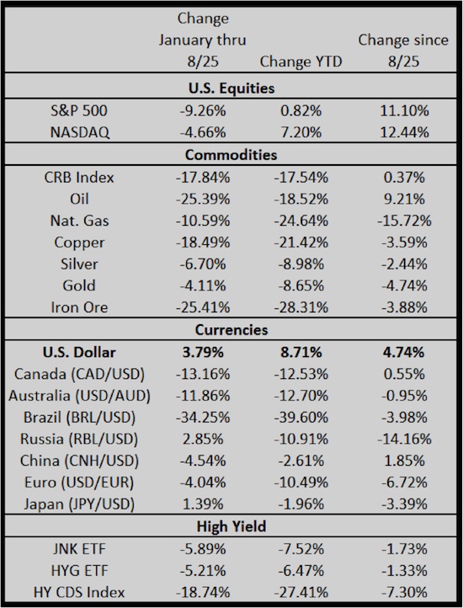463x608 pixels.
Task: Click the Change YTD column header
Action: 301,61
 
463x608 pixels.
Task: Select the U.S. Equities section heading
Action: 231,88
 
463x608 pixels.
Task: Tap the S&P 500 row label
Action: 79,111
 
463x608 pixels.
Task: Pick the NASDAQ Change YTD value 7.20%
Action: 301,132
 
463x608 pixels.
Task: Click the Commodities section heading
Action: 231,155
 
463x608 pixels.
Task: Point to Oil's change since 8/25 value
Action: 404,199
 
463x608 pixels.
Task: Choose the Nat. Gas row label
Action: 79,221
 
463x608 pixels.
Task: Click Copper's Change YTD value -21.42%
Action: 301,243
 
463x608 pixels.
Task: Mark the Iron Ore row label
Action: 79,307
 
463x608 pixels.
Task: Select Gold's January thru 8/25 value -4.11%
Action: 202,285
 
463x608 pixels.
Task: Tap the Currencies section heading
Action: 231,329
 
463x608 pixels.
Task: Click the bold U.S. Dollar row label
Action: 79,352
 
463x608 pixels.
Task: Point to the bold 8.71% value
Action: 301,352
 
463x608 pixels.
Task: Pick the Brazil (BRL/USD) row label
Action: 79,418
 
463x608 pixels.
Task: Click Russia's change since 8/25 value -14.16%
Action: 404,439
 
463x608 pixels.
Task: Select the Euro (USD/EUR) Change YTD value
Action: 301,483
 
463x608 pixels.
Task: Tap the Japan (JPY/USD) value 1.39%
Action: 202,504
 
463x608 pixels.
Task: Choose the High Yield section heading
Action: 231,526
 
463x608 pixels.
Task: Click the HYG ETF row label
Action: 79,571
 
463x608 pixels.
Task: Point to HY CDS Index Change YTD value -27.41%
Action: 301,593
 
